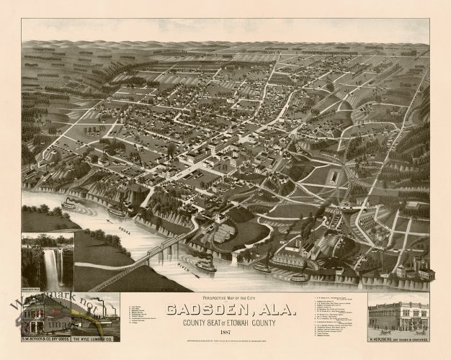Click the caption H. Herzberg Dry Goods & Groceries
[x=399, y=335]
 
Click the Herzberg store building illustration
[x=399, y=313]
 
